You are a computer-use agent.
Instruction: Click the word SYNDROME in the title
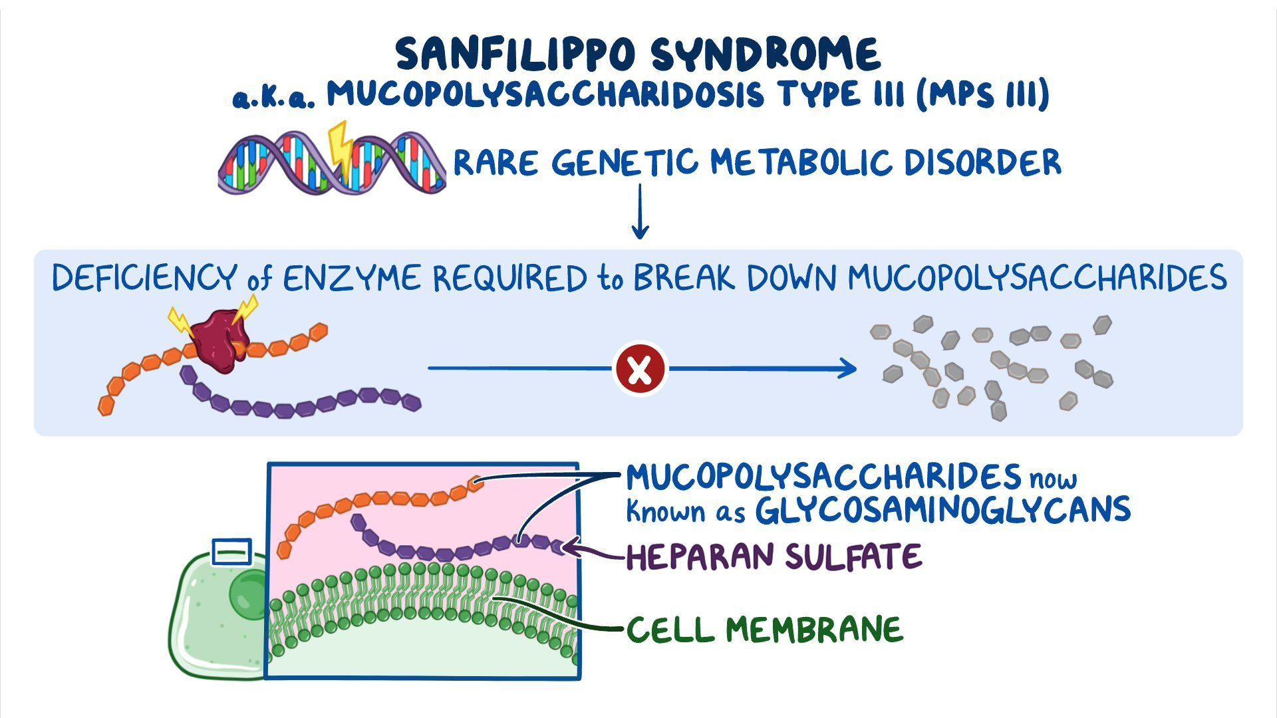(766, 55)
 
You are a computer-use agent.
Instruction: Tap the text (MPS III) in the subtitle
(982, 94)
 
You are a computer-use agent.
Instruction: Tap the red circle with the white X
(639, 369)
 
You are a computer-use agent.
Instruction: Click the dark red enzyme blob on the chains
(219, 340)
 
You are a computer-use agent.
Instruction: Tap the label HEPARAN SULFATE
(774, 557)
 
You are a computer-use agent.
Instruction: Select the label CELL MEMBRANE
(765, 630)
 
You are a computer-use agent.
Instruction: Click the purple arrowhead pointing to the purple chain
(569, 548)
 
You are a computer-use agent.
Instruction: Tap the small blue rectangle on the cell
(231, 552)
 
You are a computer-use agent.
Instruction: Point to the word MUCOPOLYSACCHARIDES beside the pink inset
(823, 477)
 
